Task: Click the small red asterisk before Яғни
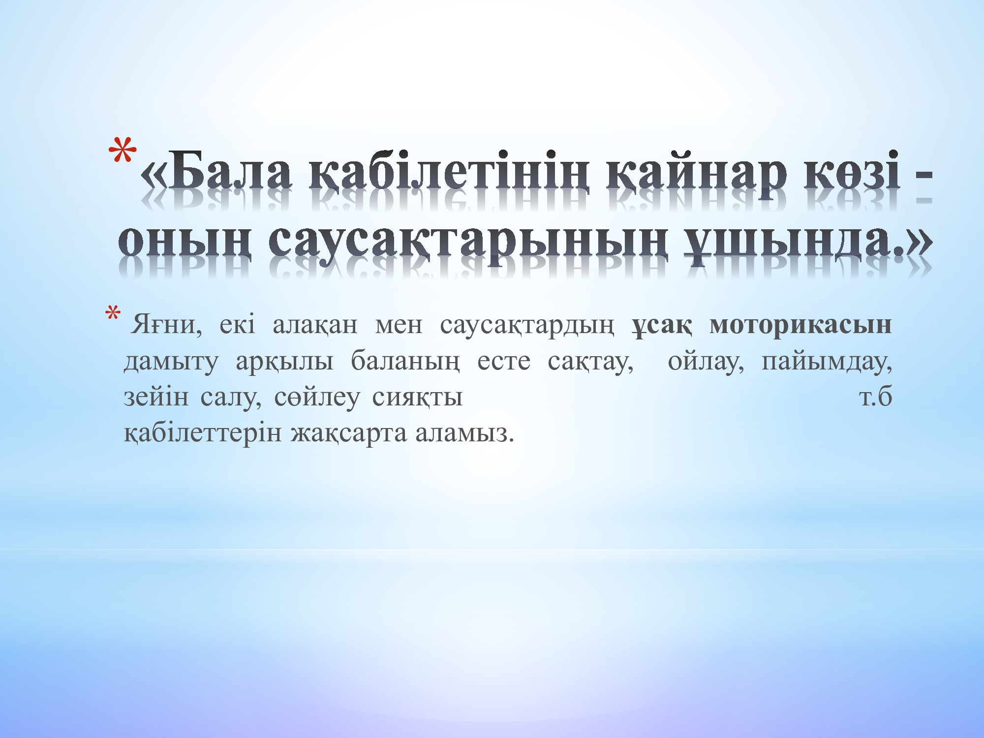[x=113, y=313]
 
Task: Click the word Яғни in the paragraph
[x=167, y=325]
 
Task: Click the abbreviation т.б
[x=875, y=398]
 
